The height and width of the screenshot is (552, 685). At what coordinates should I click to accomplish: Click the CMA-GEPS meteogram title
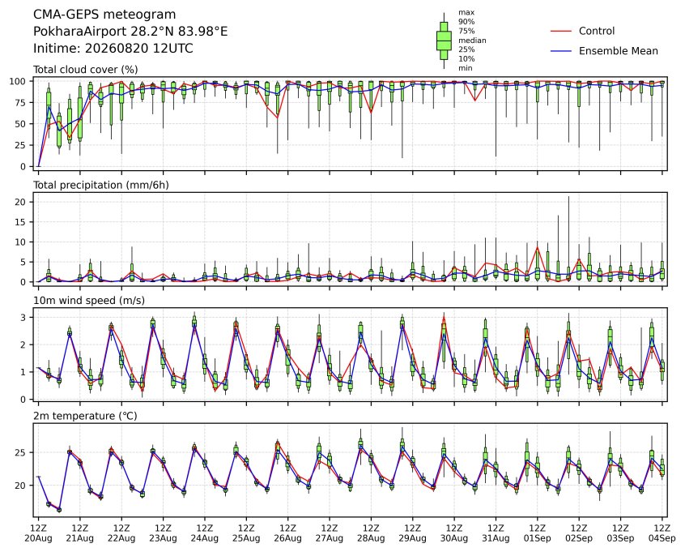click(104, 15)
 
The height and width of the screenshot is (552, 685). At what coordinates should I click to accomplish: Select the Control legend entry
click(596, 31)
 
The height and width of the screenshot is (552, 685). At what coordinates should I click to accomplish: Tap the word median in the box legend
click(472, 41)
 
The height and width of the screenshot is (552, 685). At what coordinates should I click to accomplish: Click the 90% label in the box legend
click(466, 21)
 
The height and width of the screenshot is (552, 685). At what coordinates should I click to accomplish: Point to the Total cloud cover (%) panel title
click(86, 70)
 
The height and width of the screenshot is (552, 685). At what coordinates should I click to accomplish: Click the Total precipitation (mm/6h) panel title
click(101, 185)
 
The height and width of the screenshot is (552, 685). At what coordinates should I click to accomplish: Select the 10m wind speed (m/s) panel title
click(89, 301)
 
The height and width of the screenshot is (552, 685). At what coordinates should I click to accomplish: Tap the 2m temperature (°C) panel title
click(85, 416)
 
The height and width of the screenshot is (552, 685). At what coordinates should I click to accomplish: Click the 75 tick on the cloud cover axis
click(20, 103)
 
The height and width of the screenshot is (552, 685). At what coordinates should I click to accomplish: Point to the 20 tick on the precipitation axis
click(20, 202)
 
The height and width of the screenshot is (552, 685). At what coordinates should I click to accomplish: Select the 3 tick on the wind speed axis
click(23, 317)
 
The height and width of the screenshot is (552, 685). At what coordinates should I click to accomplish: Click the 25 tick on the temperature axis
click(20, 452)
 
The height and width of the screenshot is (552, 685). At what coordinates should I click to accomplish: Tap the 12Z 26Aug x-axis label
click(288, 533)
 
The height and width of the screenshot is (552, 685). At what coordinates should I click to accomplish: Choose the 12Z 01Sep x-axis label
click(538, 533)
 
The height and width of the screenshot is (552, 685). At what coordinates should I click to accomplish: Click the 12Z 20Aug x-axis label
click(38, 533)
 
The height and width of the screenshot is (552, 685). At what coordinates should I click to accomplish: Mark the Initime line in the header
click(113, 48)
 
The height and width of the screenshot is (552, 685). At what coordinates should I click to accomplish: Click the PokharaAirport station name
click(81, 31)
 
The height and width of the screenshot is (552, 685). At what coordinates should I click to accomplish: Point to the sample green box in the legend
click(444, 41)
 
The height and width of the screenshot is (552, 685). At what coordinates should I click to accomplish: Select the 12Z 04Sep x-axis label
click(662, 533)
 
